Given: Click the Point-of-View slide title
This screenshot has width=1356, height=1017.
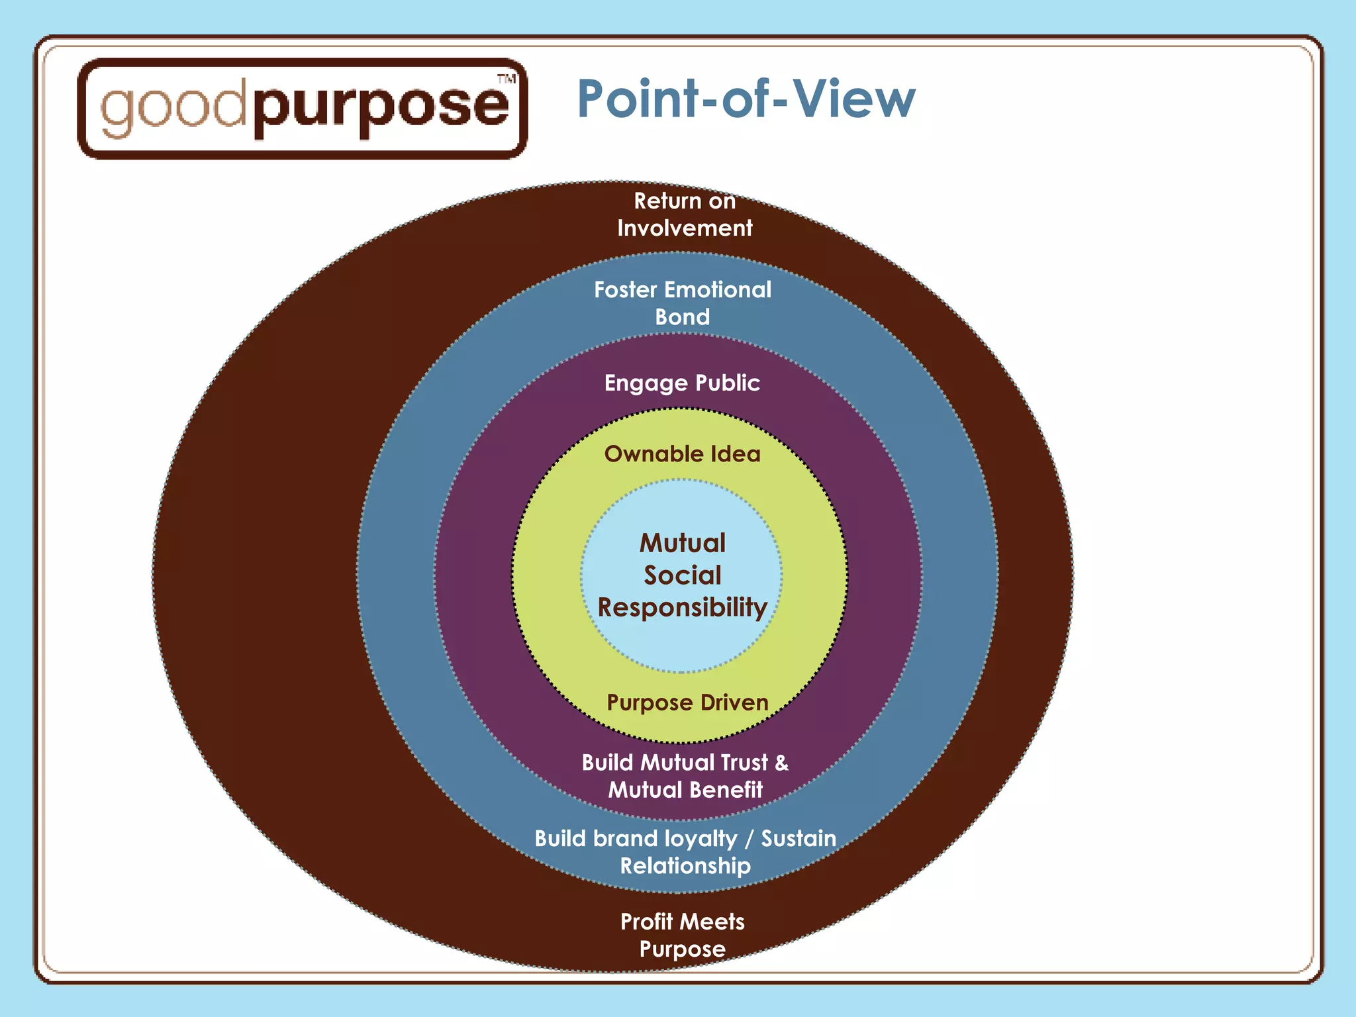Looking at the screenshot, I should pos(746,99).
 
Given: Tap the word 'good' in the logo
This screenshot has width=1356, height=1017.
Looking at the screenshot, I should pos(173,107).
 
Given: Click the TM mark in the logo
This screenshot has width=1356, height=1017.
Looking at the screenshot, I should pos(507,79).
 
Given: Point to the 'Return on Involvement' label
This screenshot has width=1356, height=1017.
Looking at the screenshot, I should pos(685,215).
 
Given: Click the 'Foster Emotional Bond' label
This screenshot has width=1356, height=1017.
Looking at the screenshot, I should pos(683,303).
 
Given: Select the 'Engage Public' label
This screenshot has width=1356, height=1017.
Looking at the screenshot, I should pos(682,383).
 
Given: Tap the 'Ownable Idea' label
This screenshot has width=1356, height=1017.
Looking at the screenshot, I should pos(682,454).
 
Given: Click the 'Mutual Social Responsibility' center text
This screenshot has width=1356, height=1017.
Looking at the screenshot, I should pos(683,575).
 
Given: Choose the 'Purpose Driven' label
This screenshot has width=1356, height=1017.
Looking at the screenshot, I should pos(687,702).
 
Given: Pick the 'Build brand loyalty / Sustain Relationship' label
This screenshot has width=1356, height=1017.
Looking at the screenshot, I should pos(685,852).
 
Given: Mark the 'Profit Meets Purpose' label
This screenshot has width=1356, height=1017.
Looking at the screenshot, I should pos(683,935).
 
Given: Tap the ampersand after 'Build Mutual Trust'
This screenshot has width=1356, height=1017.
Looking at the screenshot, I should pos(782,763).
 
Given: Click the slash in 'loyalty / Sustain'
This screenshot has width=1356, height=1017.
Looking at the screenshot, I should pos(749,839).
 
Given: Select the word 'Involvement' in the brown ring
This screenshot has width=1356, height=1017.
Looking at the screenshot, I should pos(685,228).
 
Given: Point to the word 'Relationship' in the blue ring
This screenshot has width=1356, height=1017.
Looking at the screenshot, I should pos(685,866).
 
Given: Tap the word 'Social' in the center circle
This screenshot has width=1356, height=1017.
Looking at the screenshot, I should pos(683,575).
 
